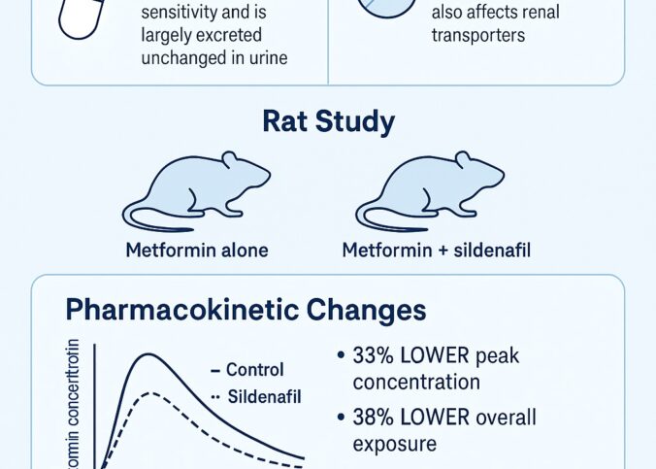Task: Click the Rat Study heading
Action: (328, 122)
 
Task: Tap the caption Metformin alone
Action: (197, 250)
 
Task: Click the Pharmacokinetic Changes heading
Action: (246, 310)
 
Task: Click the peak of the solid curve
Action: (148, 354)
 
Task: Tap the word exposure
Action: (394, 444)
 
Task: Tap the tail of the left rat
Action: (141, 218)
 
